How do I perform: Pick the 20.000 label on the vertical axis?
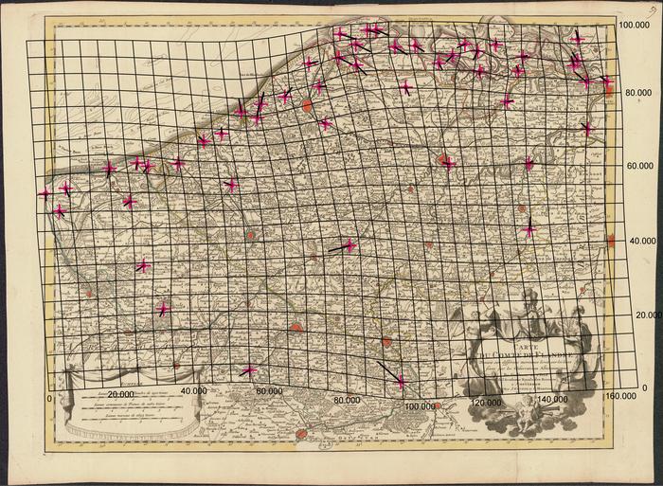tap(632, 315)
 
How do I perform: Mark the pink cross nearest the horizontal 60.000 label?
tap(249, 370)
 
